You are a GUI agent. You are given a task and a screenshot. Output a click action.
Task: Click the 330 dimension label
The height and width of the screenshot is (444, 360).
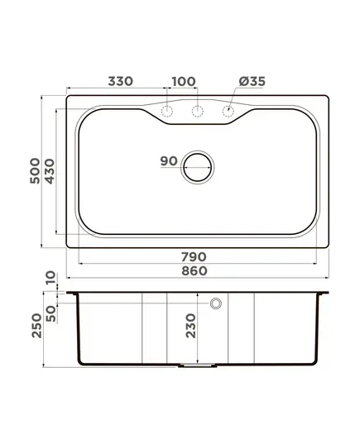coord(121,81)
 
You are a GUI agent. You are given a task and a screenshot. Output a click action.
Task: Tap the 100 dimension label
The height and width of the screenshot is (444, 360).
coord(184,82)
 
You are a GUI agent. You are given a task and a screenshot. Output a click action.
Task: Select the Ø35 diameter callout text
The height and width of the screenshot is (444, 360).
coord(252,81)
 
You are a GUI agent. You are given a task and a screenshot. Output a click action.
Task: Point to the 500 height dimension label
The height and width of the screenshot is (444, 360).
coord(35,171)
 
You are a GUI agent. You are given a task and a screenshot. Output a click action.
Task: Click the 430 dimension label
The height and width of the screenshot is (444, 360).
coord(50,171)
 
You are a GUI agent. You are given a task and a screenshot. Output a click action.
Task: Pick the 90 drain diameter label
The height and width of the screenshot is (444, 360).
coord(169,161)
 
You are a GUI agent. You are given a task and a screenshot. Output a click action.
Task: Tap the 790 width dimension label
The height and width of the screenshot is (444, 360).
coord(194,257)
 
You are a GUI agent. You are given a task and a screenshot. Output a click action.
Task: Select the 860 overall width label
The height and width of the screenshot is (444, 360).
coord(194,271)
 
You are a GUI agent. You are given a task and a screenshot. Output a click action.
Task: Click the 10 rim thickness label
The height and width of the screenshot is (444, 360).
coord(50,278)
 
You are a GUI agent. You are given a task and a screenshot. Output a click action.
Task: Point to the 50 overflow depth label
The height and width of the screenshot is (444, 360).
coord(51,313)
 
